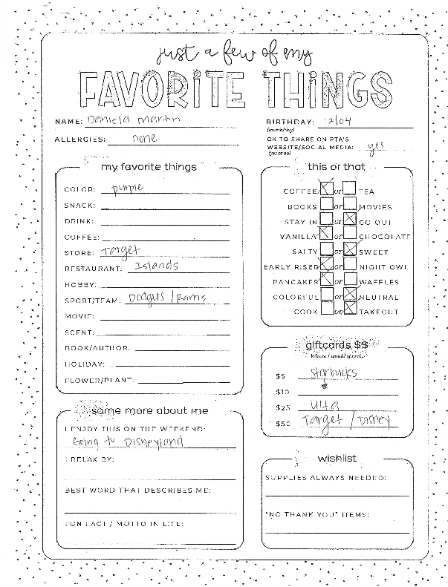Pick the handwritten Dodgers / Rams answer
click(x=166, y=298)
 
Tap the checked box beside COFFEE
click(x=325, y=190)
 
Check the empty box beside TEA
click(x=349, y=190)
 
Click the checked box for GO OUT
click(x=350, y=220)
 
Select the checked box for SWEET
click(x=350, y=251)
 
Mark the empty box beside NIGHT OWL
click(x=350, y=266)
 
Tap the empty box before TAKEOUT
click(x=350, y=312)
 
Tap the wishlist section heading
click(x=336, y=457)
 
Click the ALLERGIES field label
click(x=79, y=140)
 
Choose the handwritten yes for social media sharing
click(x=377, y=146)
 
